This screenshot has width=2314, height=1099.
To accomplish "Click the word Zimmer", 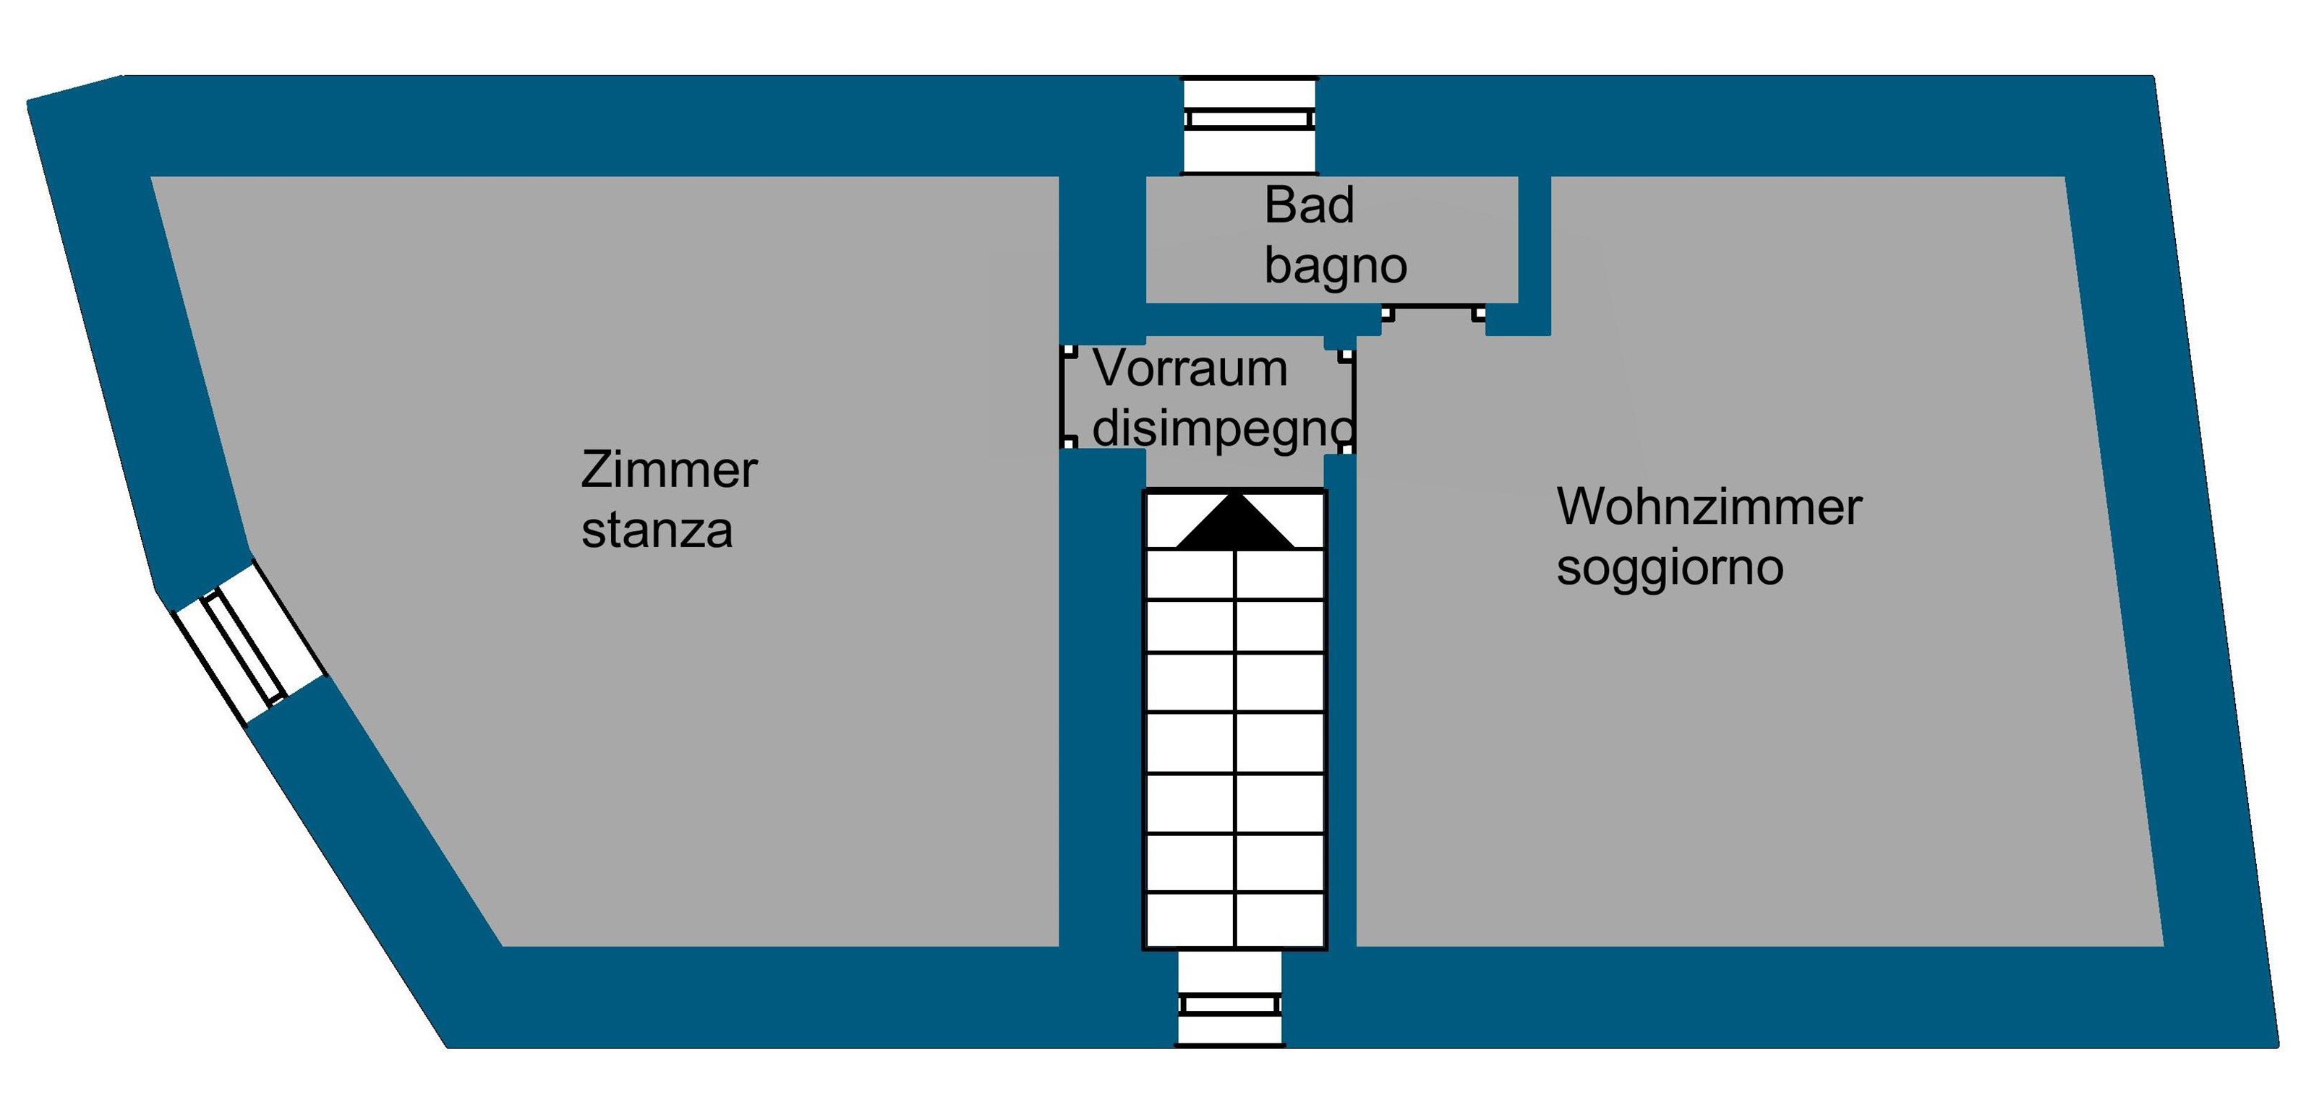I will (669, 470).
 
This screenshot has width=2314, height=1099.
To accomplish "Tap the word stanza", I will (657, 530).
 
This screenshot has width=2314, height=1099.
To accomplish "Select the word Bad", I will (1309, 206).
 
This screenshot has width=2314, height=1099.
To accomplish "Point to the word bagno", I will (1335, 266).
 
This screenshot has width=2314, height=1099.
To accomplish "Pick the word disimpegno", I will (1221, 429).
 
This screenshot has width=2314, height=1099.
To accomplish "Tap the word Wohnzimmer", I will (1709, 507).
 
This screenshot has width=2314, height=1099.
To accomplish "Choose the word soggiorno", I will (1669, 567).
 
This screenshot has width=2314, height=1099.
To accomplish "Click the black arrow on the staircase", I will (1235, 522).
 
